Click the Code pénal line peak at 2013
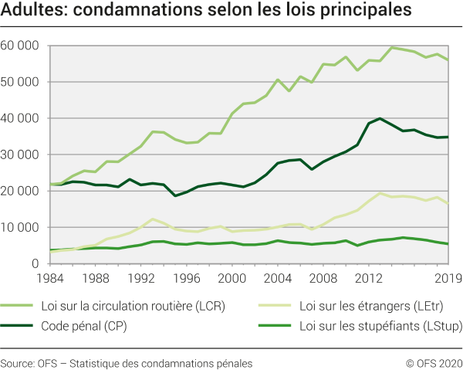click(x=380, y=118)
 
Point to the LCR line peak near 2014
click(x=392, y=47)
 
